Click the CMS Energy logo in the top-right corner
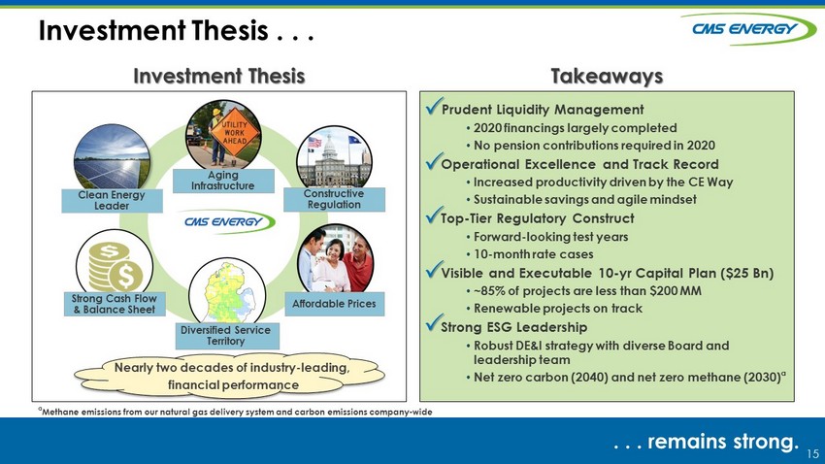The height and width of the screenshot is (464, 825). click(x=748, y=29)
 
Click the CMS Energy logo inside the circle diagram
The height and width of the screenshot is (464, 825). click(x=226, y=221)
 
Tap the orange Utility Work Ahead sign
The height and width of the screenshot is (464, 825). click(x=234, y=133)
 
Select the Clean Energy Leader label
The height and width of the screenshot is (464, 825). click(x=112, y=200)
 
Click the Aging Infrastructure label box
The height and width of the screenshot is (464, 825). click(x=223, y=181)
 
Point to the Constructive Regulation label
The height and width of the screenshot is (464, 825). click(x=334, y=199)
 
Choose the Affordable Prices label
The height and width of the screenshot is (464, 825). click(x=334, y=304)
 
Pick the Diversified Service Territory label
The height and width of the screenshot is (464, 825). click(x=227, y=336)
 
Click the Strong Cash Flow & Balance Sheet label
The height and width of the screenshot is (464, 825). click(x=115, y=304)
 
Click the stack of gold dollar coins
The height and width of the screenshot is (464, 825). click(x=115, y=266)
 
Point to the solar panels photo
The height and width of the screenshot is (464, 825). click(x=112, y=157)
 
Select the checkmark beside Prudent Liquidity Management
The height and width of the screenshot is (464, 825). click(x=434, y=106)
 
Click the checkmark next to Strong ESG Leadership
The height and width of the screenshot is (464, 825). click(x=434, y=324)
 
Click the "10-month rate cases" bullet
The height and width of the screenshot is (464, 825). click(x=530, y=254)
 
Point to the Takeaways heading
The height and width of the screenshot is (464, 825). click(x=607, y=77)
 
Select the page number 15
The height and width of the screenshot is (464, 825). click(x=812, y=453)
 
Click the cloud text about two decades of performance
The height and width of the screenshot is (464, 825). click(x=232, y=376)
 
